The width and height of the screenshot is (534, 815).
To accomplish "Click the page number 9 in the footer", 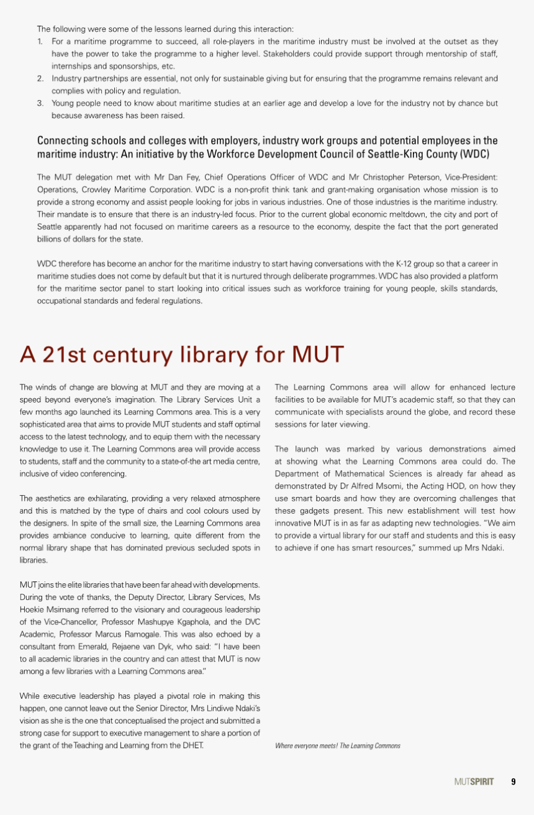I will pyautogui.click(x=514, y=781).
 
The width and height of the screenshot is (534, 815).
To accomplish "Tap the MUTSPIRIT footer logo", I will pyautogui.click(x=474, y=781).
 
